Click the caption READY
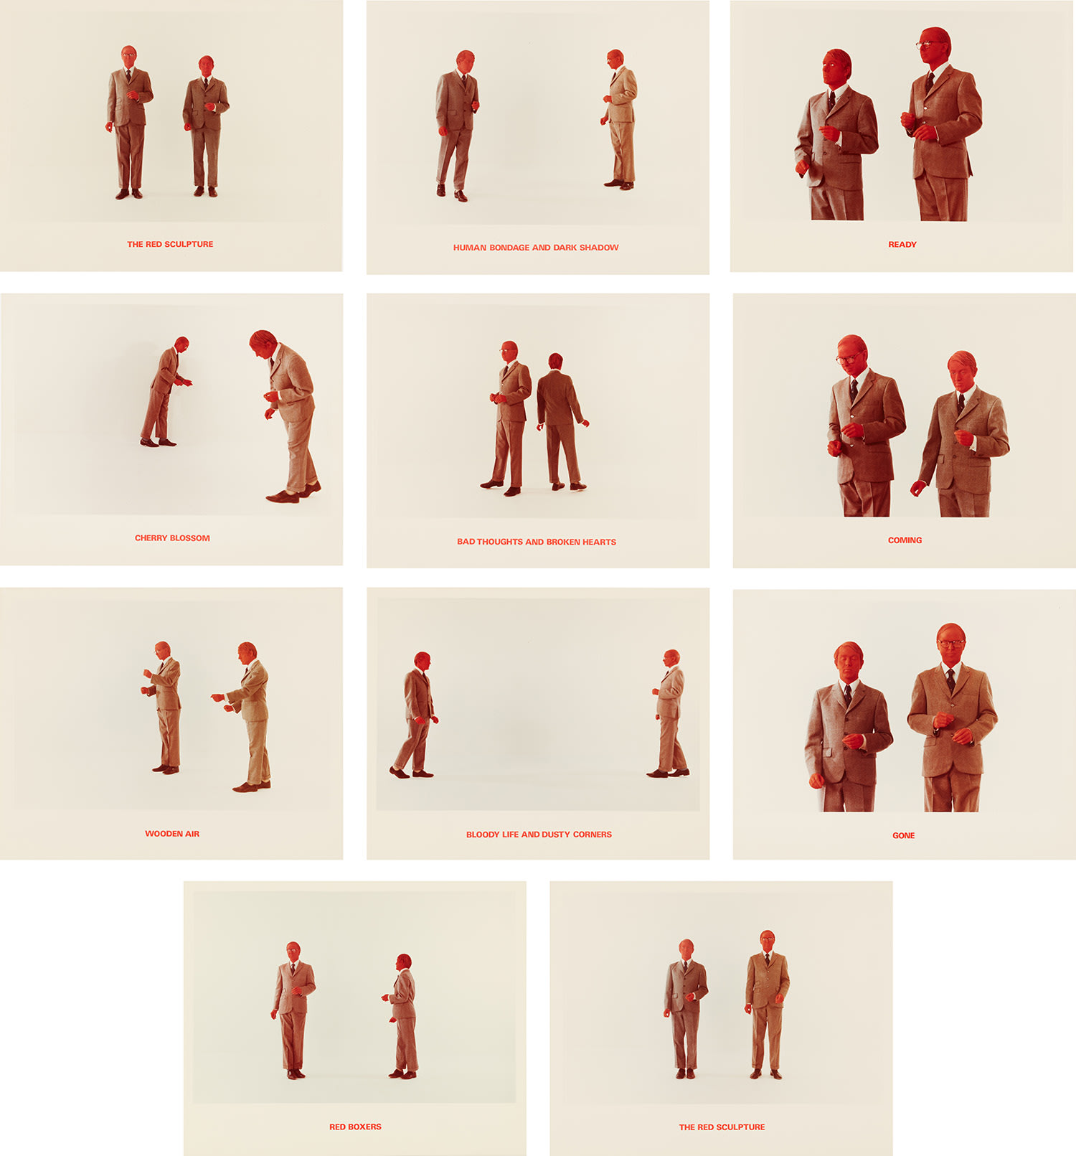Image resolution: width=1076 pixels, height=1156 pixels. [902, 245]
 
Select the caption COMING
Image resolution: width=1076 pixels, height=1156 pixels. [905, 540]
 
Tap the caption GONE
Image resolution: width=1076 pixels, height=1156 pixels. [903, 835]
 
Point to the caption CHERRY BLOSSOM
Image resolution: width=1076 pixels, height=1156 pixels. [172, 538]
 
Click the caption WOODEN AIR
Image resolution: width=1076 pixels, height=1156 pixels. [172, 834]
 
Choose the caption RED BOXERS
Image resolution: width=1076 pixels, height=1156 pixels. [355, 1127]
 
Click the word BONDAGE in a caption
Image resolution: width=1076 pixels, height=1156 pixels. [509, 248]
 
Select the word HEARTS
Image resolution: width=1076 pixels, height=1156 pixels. [599, 542]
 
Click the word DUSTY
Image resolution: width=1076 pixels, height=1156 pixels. [556, 835]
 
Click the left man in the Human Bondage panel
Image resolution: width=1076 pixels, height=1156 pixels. [457, 126]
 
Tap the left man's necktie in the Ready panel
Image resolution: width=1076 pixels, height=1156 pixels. [832, 100]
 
